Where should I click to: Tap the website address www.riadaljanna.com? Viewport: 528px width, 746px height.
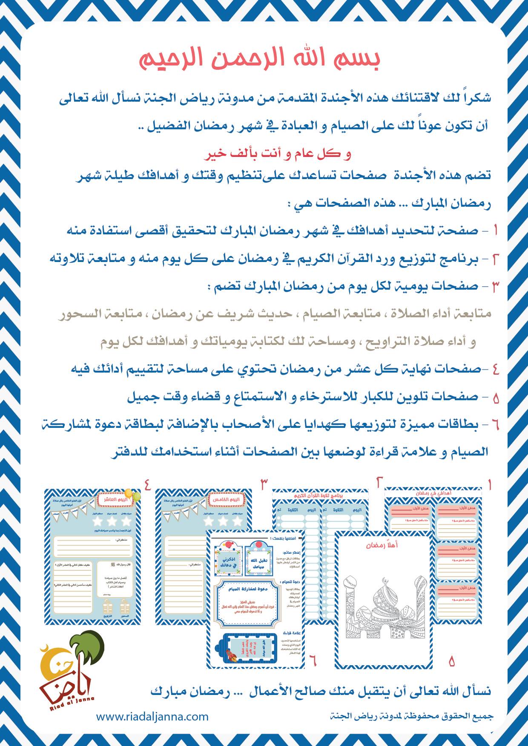(x=152, y=716)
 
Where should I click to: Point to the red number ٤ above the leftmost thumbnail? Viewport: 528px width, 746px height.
(x=148, y=484)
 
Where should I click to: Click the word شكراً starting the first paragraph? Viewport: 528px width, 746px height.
(x=475, y=98)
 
